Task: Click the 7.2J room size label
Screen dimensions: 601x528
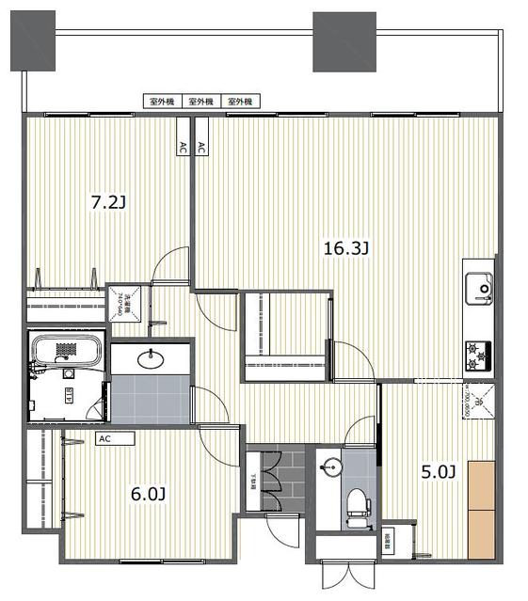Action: pyautogui.click(x=107, y=201)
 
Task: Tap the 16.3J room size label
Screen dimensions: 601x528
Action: pyautogui.click(x=345, y=248)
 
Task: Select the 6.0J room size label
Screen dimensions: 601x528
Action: pyautogui.click(x=148, y=493)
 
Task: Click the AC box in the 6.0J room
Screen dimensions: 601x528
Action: pyautogui.click(x=104, y=438)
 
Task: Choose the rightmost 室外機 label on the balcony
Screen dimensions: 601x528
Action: pyautogui.click(x=244, y=101)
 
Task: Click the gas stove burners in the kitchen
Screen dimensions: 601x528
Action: pyautogui.click(x=477, y=355)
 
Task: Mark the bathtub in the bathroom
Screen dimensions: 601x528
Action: pyautogui.click(x=64, y=350)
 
